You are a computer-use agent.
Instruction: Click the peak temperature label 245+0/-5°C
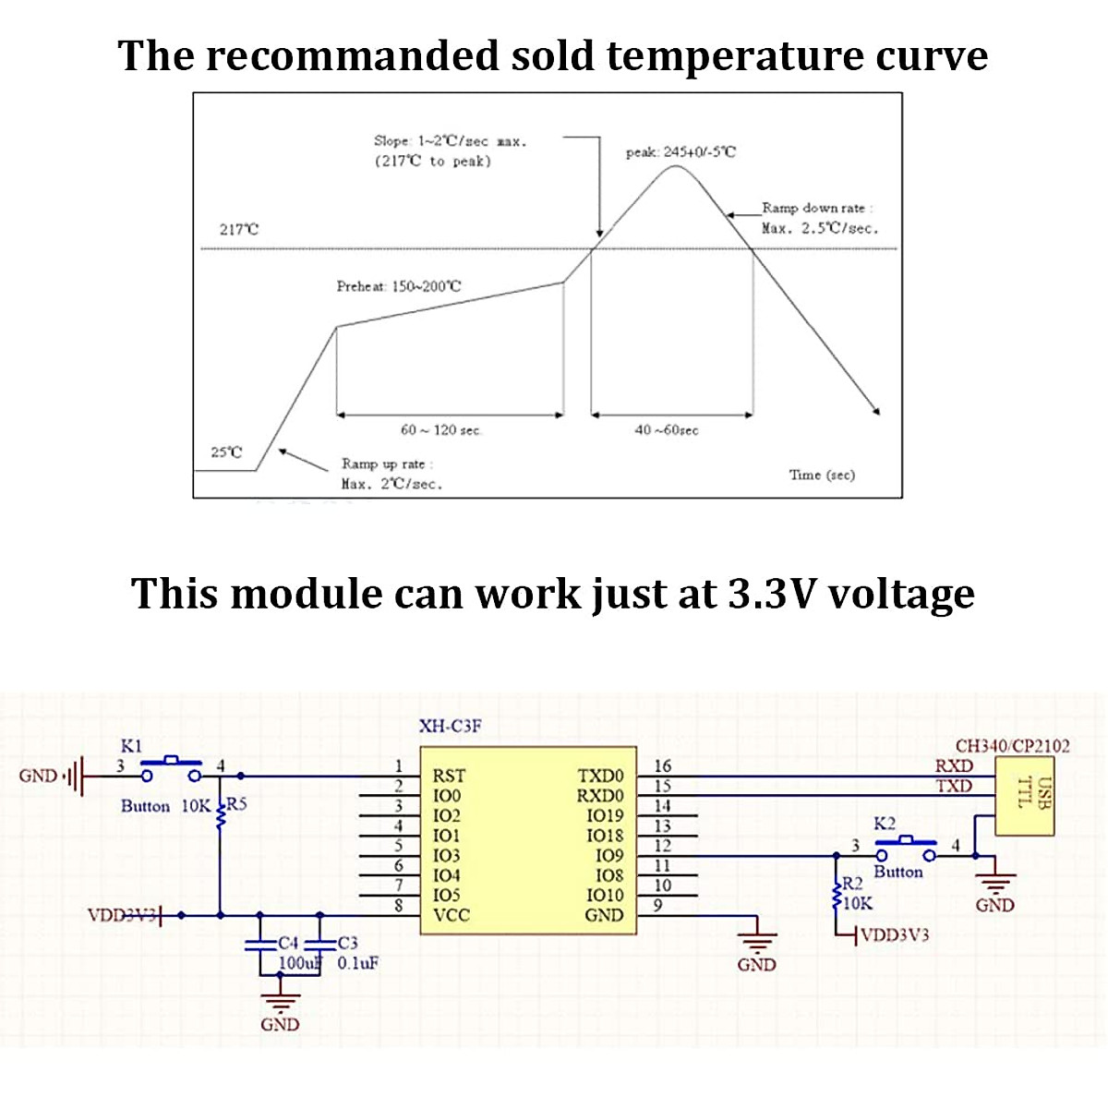[x=681, y=152]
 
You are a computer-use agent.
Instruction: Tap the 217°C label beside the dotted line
[x=239, y=229]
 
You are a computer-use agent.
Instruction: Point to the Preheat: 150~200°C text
[x=398, y=286]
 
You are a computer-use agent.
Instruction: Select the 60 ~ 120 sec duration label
[x=441, y=430]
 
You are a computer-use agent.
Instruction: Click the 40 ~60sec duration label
[x=667, y=430]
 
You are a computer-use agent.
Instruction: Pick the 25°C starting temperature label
[x=226, y=452]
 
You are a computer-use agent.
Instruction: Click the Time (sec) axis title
[x=822, y=475]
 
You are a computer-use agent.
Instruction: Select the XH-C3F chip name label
[x=451, y=727]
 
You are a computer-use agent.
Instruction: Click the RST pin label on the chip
[x=449, y=776]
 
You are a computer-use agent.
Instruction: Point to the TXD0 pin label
[x=600, y=776]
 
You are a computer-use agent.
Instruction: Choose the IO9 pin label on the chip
[x=609, y=855]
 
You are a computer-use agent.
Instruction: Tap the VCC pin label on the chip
[x=451, y=915]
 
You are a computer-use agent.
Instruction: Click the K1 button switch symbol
[x=171, y=768]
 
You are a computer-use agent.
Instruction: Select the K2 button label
[x=885, y=824]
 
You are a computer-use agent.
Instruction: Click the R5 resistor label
[x=237, y=804]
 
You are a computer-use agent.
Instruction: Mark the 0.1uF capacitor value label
[x=358, y=963]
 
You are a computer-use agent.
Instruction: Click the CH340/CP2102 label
[x=1012, y=746]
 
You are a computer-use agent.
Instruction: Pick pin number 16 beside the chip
[x=662, y=765]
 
